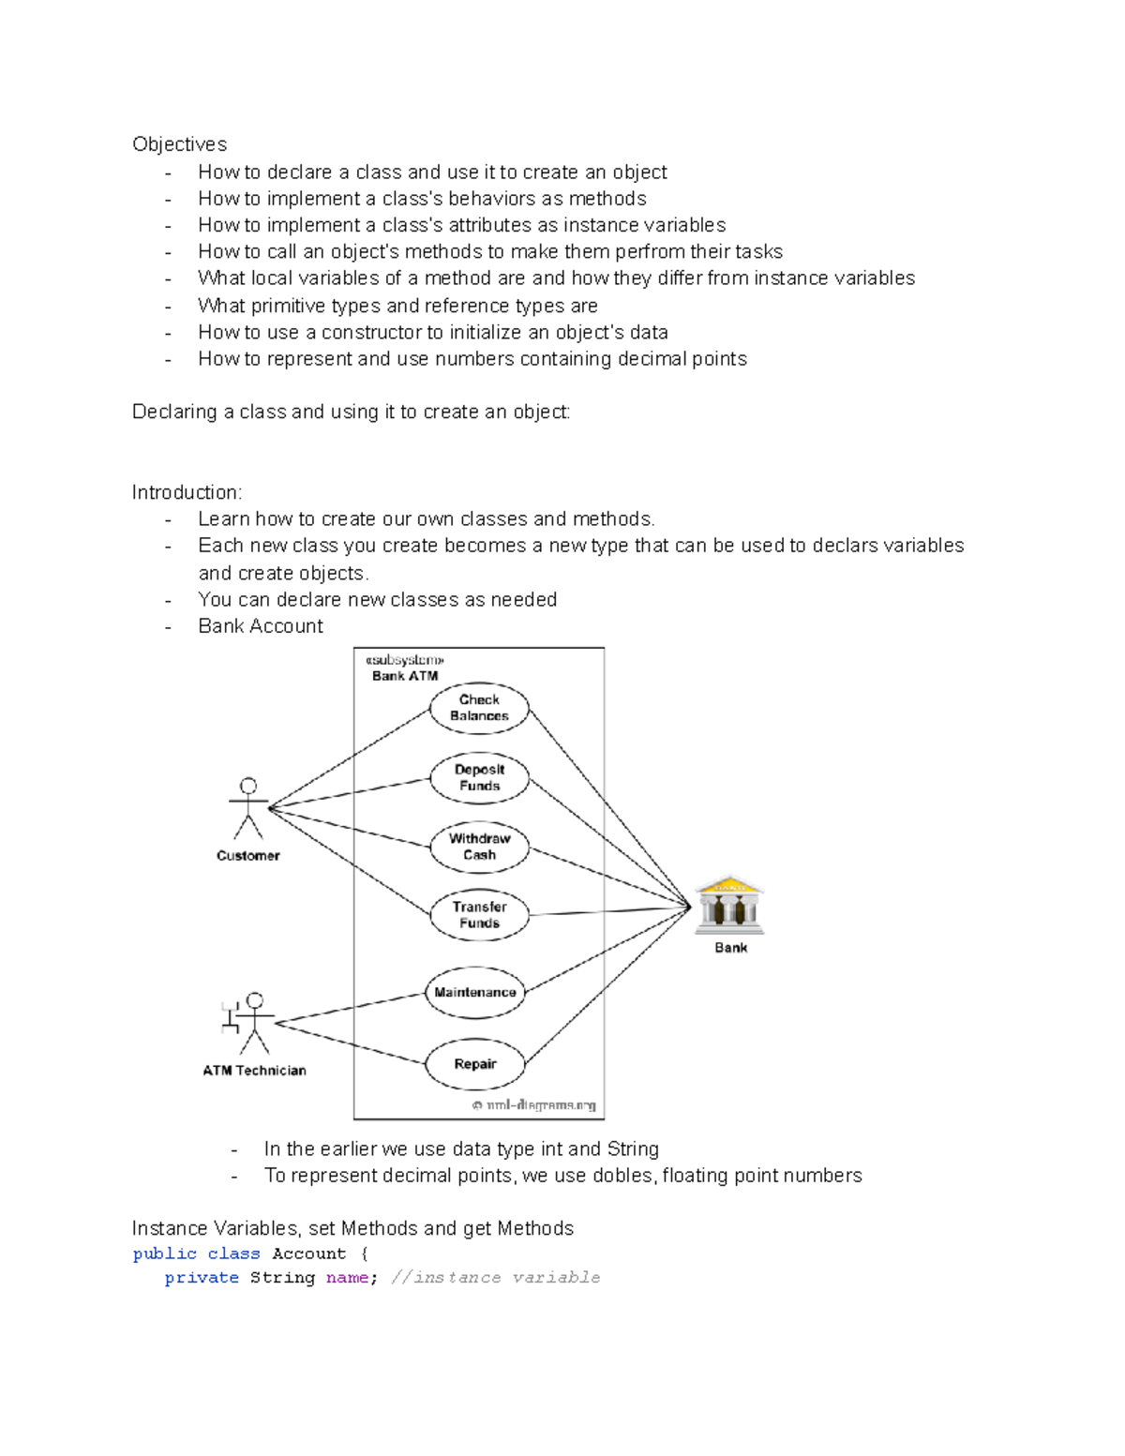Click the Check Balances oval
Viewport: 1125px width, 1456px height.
pyautogui.click(x=479, y=708)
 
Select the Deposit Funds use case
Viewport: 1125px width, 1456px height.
pyautogui.click(x=479, y=778)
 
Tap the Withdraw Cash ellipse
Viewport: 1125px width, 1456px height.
pyautogui.click(x=479, y=847)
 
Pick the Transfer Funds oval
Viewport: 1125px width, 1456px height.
pyautogui.click(x=479, y=915)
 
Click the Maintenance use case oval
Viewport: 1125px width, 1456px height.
pyautogui.click(x=474, y=992)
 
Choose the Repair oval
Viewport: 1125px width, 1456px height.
pyautogui.click(x=474, y=1064)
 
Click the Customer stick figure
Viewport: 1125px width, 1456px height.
pyautogui.click(x=248, y=809)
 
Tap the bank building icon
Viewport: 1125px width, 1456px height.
pyautogui.click(x=729, y=906)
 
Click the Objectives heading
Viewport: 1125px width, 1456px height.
pyautogui.click(x=180, y=144)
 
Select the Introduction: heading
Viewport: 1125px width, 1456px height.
pyautogui.click(x=187, y=493)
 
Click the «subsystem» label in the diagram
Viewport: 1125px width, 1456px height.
pyautogui.click(x=404, y=660)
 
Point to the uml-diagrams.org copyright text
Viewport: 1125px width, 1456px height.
pyautogui.click(x=534, y=1105)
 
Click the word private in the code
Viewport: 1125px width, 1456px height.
pyautogui.click(x=202, y=1278)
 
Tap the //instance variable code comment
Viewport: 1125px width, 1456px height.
pyautogui.click(x=496, y=1278)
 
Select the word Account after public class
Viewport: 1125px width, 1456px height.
pyautogui.click(x=308, y=1254)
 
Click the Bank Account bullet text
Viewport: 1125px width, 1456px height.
pyautogui.click(x=261, y=626)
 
